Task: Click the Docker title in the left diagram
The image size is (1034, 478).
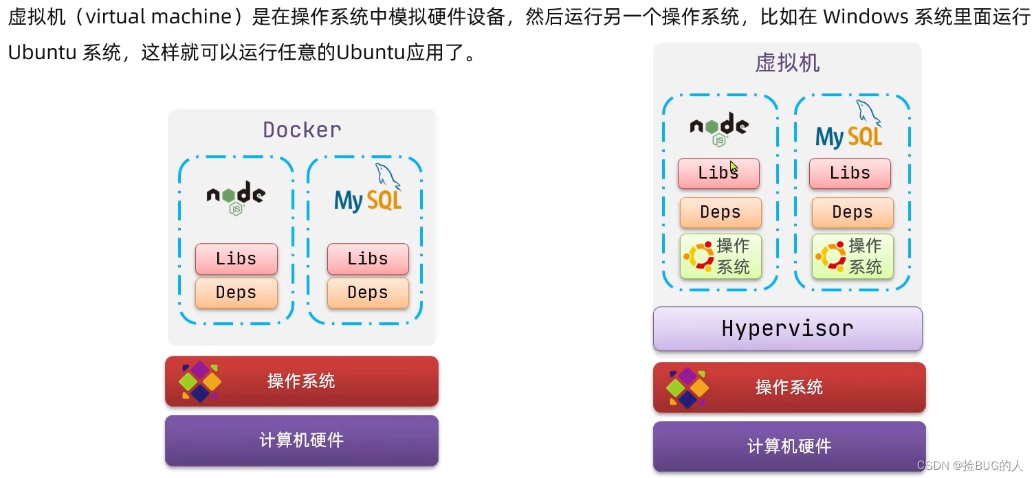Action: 302,130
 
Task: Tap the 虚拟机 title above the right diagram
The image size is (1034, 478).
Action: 787,63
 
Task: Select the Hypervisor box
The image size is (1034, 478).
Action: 787,328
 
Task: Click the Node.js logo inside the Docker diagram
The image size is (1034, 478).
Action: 236,198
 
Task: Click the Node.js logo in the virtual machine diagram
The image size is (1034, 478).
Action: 719,128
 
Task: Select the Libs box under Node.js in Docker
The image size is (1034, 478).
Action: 236,259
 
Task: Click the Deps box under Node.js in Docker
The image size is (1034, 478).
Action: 236,293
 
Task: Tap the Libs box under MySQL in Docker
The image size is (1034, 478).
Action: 368,259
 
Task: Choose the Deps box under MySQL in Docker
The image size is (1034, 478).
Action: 368,293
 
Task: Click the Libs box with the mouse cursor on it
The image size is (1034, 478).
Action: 718,173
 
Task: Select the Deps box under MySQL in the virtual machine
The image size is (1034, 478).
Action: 852,212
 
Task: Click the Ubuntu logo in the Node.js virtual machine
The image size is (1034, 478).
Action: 698,256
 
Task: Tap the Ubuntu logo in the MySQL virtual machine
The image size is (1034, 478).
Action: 830,256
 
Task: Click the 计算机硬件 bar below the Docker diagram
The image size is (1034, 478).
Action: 301,440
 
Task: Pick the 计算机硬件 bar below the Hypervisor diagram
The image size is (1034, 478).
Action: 789,446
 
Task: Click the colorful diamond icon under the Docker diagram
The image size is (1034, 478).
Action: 199,381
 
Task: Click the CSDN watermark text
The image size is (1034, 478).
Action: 970,465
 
